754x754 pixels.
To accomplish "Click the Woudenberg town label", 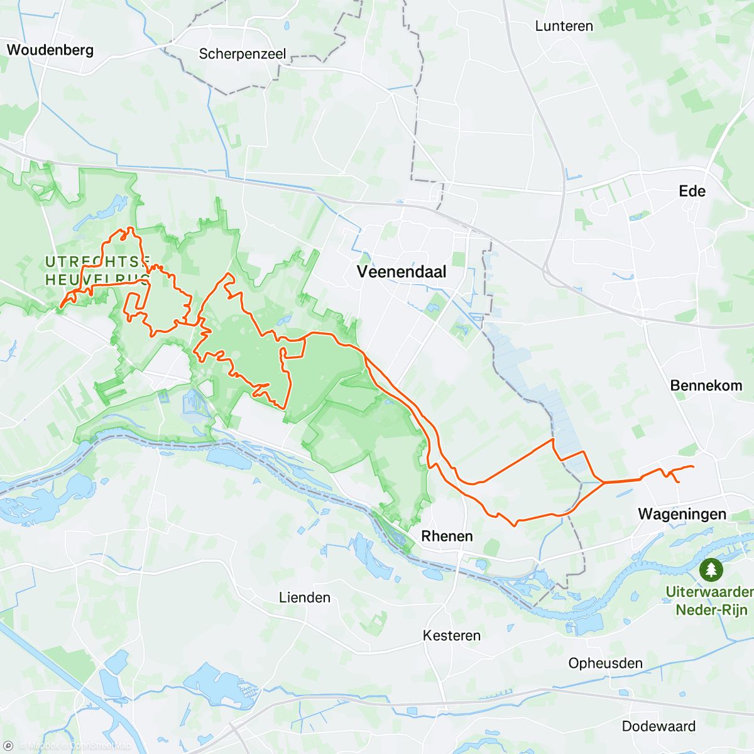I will pyautogui.click(x=50, y=50).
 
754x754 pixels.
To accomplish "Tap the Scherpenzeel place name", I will pyautogui.click(x=243, y=54).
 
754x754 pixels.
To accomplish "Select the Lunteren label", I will pyautogui.click(x=564, y=26).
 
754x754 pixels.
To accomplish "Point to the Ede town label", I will pyautogui.click(x=692, y=191).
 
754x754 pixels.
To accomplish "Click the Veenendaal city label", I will pyautogui.click(x=402, y=272).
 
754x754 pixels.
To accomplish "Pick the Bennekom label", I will pyautogui.click(x=706, y=385).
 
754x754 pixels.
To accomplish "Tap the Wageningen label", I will pyautogui.click(x=682, y=514).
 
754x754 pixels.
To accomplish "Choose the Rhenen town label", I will pyautogui.click(x=447, y=536).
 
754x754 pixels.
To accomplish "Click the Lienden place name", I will pyautogui.click(x=305, y=598).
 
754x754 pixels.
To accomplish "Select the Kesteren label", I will pyautogui.click(x=451, y=636).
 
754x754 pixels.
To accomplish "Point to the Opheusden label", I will pyautogui.click(x=605, y=664).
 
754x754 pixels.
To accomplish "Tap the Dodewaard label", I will pyautogui.click(x=658, y=726).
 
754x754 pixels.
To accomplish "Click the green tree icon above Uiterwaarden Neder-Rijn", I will pyautogui.click(x=711, y=570).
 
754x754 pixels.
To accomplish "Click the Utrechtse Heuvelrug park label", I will pyautogui.click(x=97, y=271).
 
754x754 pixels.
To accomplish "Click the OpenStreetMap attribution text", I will pyautogui.click(x=101, y=746).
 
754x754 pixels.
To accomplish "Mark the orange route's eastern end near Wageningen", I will pyautogui.click(x=692, y=466).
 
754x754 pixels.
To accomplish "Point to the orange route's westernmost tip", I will pyautogui.click(x=60, y=308).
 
